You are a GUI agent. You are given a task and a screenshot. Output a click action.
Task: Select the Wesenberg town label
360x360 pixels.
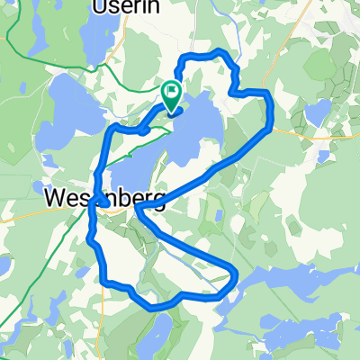[103, 196]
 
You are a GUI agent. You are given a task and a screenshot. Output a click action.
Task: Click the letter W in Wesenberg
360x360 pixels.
[57, 196]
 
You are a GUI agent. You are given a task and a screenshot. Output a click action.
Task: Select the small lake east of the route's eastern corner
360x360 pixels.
[316, 112]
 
